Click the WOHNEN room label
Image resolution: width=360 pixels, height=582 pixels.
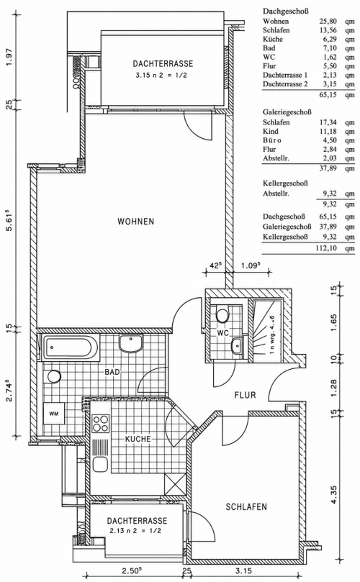pos(135,222)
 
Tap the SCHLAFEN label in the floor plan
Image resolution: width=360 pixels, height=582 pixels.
pos(246,506)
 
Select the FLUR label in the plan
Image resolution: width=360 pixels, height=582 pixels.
pos(246,394)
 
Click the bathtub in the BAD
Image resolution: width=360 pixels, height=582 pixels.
pos(71,347)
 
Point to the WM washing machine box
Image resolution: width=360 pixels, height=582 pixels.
pos(54,414)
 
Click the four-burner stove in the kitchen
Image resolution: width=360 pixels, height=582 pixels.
pos(101,424)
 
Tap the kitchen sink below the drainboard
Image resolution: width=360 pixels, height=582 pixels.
pos(101,464)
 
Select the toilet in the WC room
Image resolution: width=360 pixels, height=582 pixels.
pos(222,315)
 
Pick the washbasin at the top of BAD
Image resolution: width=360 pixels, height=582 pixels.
pos(131,342)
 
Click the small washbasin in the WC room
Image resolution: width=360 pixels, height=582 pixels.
pos(237,346)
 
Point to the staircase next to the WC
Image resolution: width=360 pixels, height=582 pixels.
pos(267,330)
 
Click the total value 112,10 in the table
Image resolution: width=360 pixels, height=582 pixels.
pos(328,248)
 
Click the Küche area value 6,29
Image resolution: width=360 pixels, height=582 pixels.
pos(330,40)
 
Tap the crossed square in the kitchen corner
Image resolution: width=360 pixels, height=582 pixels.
pos(175,483)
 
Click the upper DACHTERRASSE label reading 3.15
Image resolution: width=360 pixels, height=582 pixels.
pos(163,68)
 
